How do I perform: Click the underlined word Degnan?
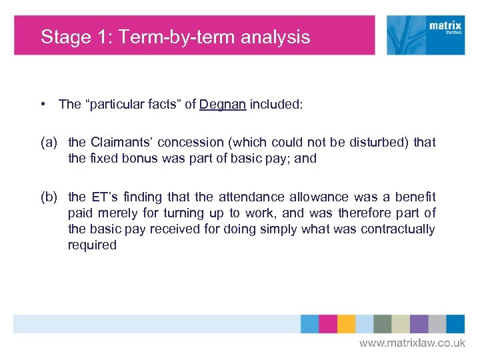tap(223, 104)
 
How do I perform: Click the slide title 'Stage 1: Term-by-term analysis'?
tap(175, 37)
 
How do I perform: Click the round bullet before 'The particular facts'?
tap(42, 104)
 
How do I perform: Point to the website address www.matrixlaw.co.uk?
tap(412, 343)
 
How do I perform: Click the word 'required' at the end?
tap(92, 245)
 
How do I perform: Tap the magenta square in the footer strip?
tap(327, 324)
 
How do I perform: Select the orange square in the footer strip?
tap(346, 324)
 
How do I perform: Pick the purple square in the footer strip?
tap(419, 324)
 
